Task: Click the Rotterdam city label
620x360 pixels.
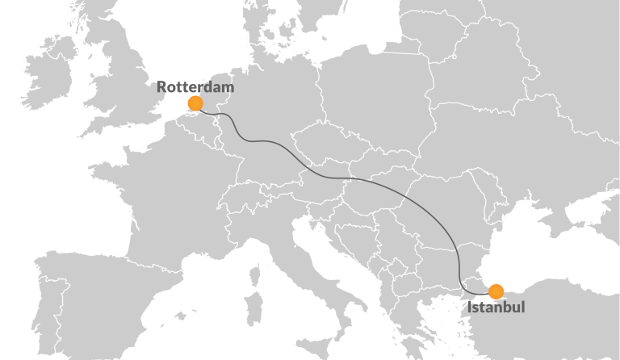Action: [x=195, y=86]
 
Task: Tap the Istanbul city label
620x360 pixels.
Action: [x=496, y=308]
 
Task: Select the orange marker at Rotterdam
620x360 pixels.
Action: [x=195, y=103]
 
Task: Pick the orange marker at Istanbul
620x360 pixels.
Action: [x=496, y=291]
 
